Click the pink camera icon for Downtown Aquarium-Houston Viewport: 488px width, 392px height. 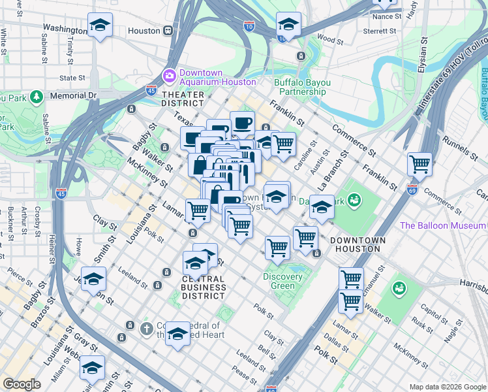169,76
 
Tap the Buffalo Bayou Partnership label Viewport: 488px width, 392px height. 302,87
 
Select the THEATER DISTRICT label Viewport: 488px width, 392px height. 182,99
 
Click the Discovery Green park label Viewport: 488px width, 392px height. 282,281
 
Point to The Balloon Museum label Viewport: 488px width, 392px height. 442,226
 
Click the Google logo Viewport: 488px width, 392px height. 22,384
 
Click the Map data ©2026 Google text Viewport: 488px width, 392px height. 447,387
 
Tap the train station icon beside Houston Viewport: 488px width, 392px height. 168,31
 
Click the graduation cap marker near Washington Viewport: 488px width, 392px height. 100,25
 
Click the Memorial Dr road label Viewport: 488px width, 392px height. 72,95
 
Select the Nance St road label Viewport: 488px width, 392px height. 386,15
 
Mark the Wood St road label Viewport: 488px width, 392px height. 330,41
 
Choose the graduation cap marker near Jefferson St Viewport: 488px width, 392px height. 93,279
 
